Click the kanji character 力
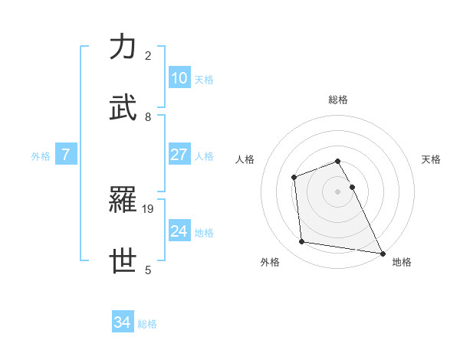[x=123, y=47]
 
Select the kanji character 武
[x=123, y=108]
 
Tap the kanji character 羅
[x=123, y=201]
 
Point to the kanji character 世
[x=123, y=261]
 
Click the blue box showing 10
[x=179, y=78]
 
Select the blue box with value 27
[x=179, y=155]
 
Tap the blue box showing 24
[x=179, y=231]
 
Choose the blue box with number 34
[x=123, y=323]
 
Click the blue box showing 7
[x=66, y=155]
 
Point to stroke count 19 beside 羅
[x=149, y=208]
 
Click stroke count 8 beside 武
[x=148, y=116]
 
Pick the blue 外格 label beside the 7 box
[x=41, y=156]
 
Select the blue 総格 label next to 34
[x=147, y=324]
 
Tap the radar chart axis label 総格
[x=338, y=100]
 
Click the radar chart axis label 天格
[x=432, y=159]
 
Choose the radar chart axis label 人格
[x=245, y=159]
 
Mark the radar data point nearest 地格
[x=383, y=253]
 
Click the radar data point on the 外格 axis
[x=302, y=242]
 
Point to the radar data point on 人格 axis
[x=294, y=178]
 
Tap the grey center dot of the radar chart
[x=338, y=191]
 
